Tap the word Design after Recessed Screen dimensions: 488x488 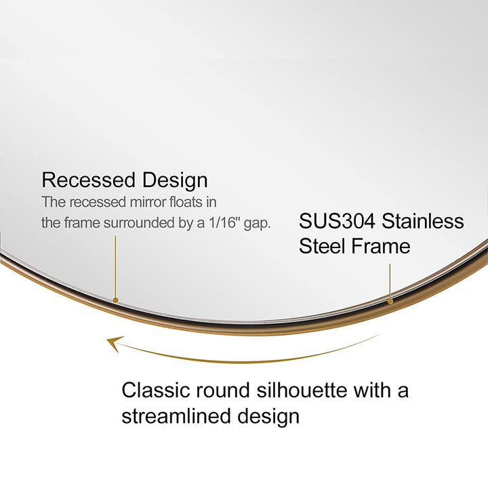[175, 181]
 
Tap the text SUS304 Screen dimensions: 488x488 [338, 221]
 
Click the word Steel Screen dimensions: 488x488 [321, 246]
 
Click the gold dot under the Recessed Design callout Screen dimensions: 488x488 [116, 299]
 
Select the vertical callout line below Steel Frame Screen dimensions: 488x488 [390, 280]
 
